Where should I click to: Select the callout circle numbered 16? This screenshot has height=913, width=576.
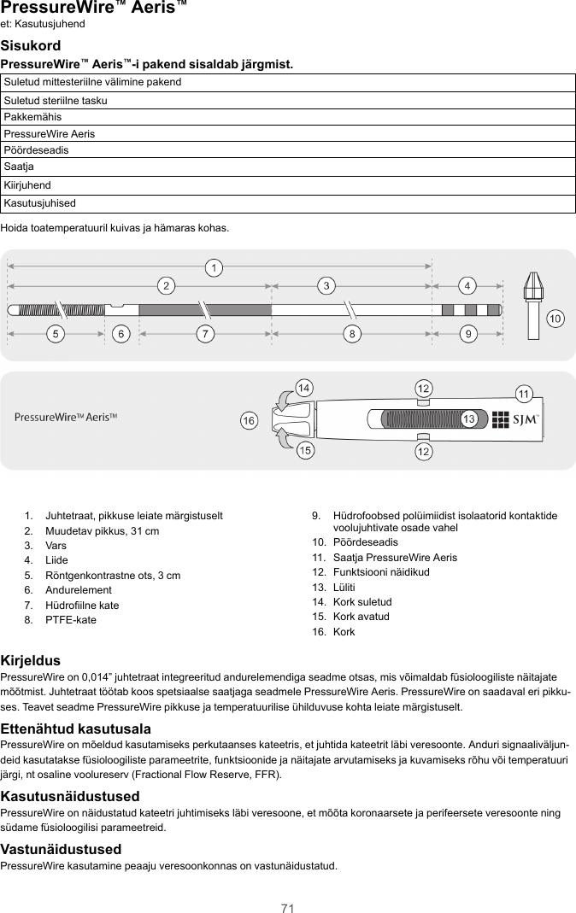(x=249, y=421)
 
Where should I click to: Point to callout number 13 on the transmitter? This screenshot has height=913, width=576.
(x=468, y=419)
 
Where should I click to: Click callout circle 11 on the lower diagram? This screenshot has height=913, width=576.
(x=524, y=393)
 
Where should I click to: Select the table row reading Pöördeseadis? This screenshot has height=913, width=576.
(x=288, y=149)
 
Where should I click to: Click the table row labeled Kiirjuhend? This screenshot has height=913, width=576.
(x=288, y=185)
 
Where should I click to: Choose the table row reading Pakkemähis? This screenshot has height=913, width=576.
(x=288, y=116)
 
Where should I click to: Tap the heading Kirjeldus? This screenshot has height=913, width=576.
(x=31, y=661)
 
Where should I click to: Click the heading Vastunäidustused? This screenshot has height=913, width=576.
(x=61, y=849)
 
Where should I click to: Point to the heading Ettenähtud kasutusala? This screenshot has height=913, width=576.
(x=76, y=729)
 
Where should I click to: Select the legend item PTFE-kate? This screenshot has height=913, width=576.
(x=71, y=620)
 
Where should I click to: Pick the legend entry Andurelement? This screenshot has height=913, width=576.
(x=78, y=590)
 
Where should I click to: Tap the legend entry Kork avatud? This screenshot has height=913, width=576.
(x=361, y=617)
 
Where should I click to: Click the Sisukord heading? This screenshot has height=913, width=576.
(x=31, y=44)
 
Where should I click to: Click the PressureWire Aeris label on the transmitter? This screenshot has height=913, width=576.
(x=66, y=417)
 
